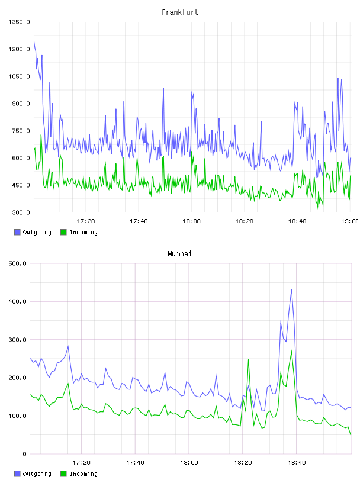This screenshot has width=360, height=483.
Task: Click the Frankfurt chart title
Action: click(180, 12)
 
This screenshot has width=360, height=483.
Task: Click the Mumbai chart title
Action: click(179, 254)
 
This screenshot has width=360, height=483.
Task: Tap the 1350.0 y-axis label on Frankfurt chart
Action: click(19, 22)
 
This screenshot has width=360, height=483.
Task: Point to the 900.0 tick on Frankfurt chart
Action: click(21, 104)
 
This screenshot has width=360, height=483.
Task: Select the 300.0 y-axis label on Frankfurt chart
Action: click(21, 212)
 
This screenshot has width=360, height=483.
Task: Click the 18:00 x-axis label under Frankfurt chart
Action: click(191, 221)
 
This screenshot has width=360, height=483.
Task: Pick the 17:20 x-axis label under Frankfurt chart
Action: click(86, 221)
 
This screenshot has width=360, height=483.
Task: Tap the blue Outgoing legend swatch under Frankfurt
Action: click(17, 232)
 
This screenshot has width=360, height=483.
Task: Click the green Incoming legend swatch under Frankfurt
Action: click(63, 232)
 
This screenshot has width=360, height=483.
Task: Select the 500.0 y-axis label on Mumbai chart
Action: click(18, 263)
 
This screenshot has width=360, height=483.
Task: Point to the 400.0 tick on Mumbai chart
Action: click(18, 301)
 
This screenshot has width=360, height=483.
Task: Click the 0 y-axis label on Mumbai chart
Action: click(24, 454)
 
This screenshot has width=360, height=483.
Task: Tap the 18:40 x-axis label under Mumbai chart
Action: click(297, 462)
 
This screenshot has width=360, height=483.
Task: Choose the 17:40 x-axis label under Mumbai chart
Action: click(135, 462)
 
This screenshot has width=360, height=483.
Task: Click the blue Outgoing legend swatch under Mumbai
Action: click(17, 474)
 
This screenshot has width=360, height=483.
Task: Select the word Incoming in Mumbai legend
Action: click(83, 474)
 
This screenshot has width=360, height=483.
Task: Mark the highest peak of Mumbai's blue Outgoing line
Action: click(291, 289)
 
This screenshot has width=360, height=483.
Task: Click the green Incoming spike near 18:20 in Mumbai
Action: click(249, 359)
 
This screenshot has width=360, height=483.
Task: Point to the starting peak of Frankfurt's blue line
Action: click(34, 41)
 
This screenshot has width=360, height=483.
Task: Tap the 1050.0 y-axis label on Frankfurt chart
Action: click(19, 76)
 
